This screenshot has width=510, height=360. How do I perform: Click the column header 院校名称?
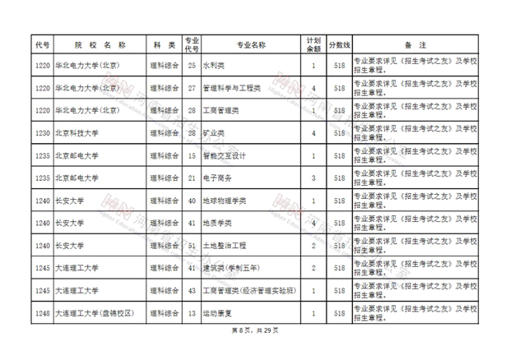tap(95, 44)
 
